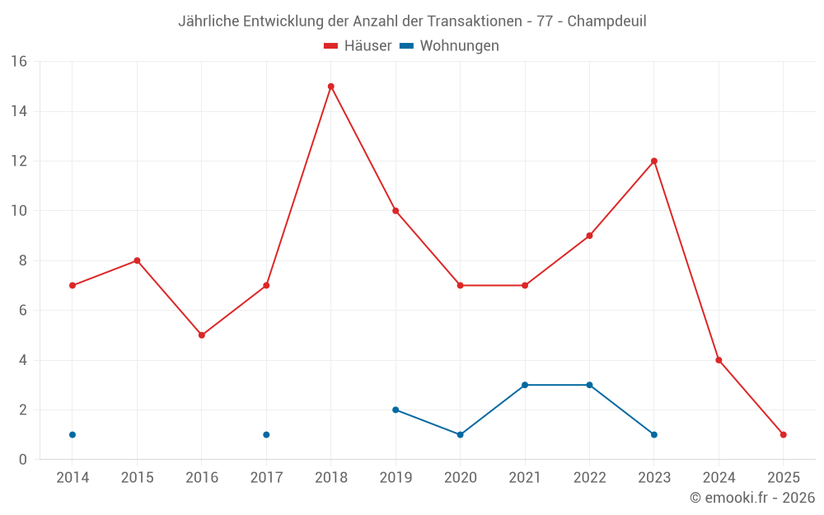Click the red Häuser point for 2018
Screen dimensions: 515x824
coord(330,87)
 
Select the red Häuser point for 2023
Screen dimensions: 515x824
coord(654,161)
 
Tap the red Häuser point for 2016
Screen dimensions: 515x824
coord(202,335)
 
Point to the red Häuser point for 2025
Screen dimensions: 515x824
coord(784,434)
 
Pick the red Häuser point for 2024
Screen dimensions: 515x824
coord(719,360)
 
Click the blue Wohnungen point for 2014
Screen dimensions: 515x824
coord(73,434)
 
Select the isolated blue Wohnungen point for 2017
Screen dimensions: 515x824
coord(266,434)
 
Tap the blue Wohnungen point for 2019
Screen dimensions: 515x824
coord(396,410)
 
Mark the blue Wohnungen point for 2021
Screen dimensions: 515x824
coord(525,385)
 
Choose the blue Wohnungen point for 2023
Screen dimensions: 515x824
coord(654,434)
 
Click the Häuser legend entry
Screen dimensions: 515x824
coord(358,46)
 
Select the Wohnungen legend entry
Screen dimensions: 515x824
coord(449,46)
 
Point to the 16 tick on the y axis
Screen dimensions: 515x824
coord(19,62)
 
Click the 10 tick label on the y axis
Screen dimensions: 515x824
coord(19,211)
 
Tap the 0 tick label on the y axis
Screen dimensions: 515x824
coord(23,460)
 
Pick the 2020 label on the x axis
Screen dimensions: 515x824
coord(460,478)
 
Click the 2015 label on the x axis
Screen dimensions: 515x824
coord(137,478)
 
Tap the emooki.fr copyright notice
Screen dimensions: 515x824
coord(751,498)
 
